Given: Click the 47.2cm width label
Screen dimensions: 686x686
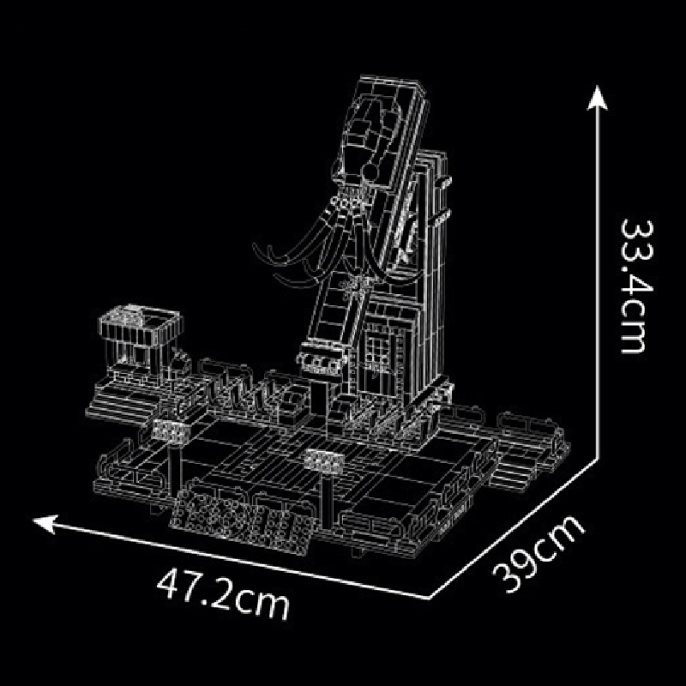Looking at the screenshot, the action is click(x=223, y=593).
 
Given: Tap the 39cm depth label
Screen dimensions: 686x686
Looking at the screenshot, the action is click(x=539, y=554).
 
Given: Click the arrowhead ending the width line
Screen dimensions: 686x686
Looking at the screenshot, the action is click(x=45, y=523).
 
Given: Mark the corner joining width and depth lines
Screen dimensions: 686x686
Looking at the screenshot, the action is click(x=430, y=598).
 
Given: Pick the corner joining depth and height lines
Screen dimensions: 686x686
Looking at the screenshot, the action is click(x=597, y=459).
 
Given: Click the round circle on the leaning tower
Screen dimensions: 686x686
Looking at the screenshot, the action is click(x=370, y=171).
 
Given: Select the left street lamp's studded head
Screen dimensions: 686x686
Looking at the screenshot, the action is click(x=171, y=430).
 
